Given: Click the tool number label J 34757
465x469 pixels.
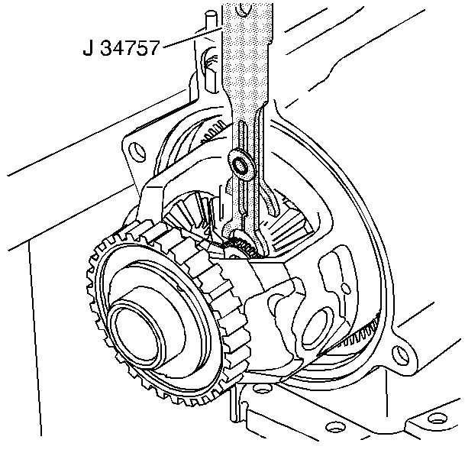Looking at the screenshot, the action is coord(121,48).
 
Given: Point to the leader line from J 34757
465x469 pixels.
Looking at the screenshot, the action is coord(192,37).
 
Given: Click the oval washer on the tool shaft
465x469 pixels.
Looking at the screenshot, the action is coord(241,165).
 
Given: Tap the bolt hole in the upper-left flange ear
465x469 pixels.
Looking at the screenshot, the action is coord(137,150).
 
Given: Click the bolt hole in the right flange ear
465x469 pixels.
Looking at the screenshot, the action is coord(400,355).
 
